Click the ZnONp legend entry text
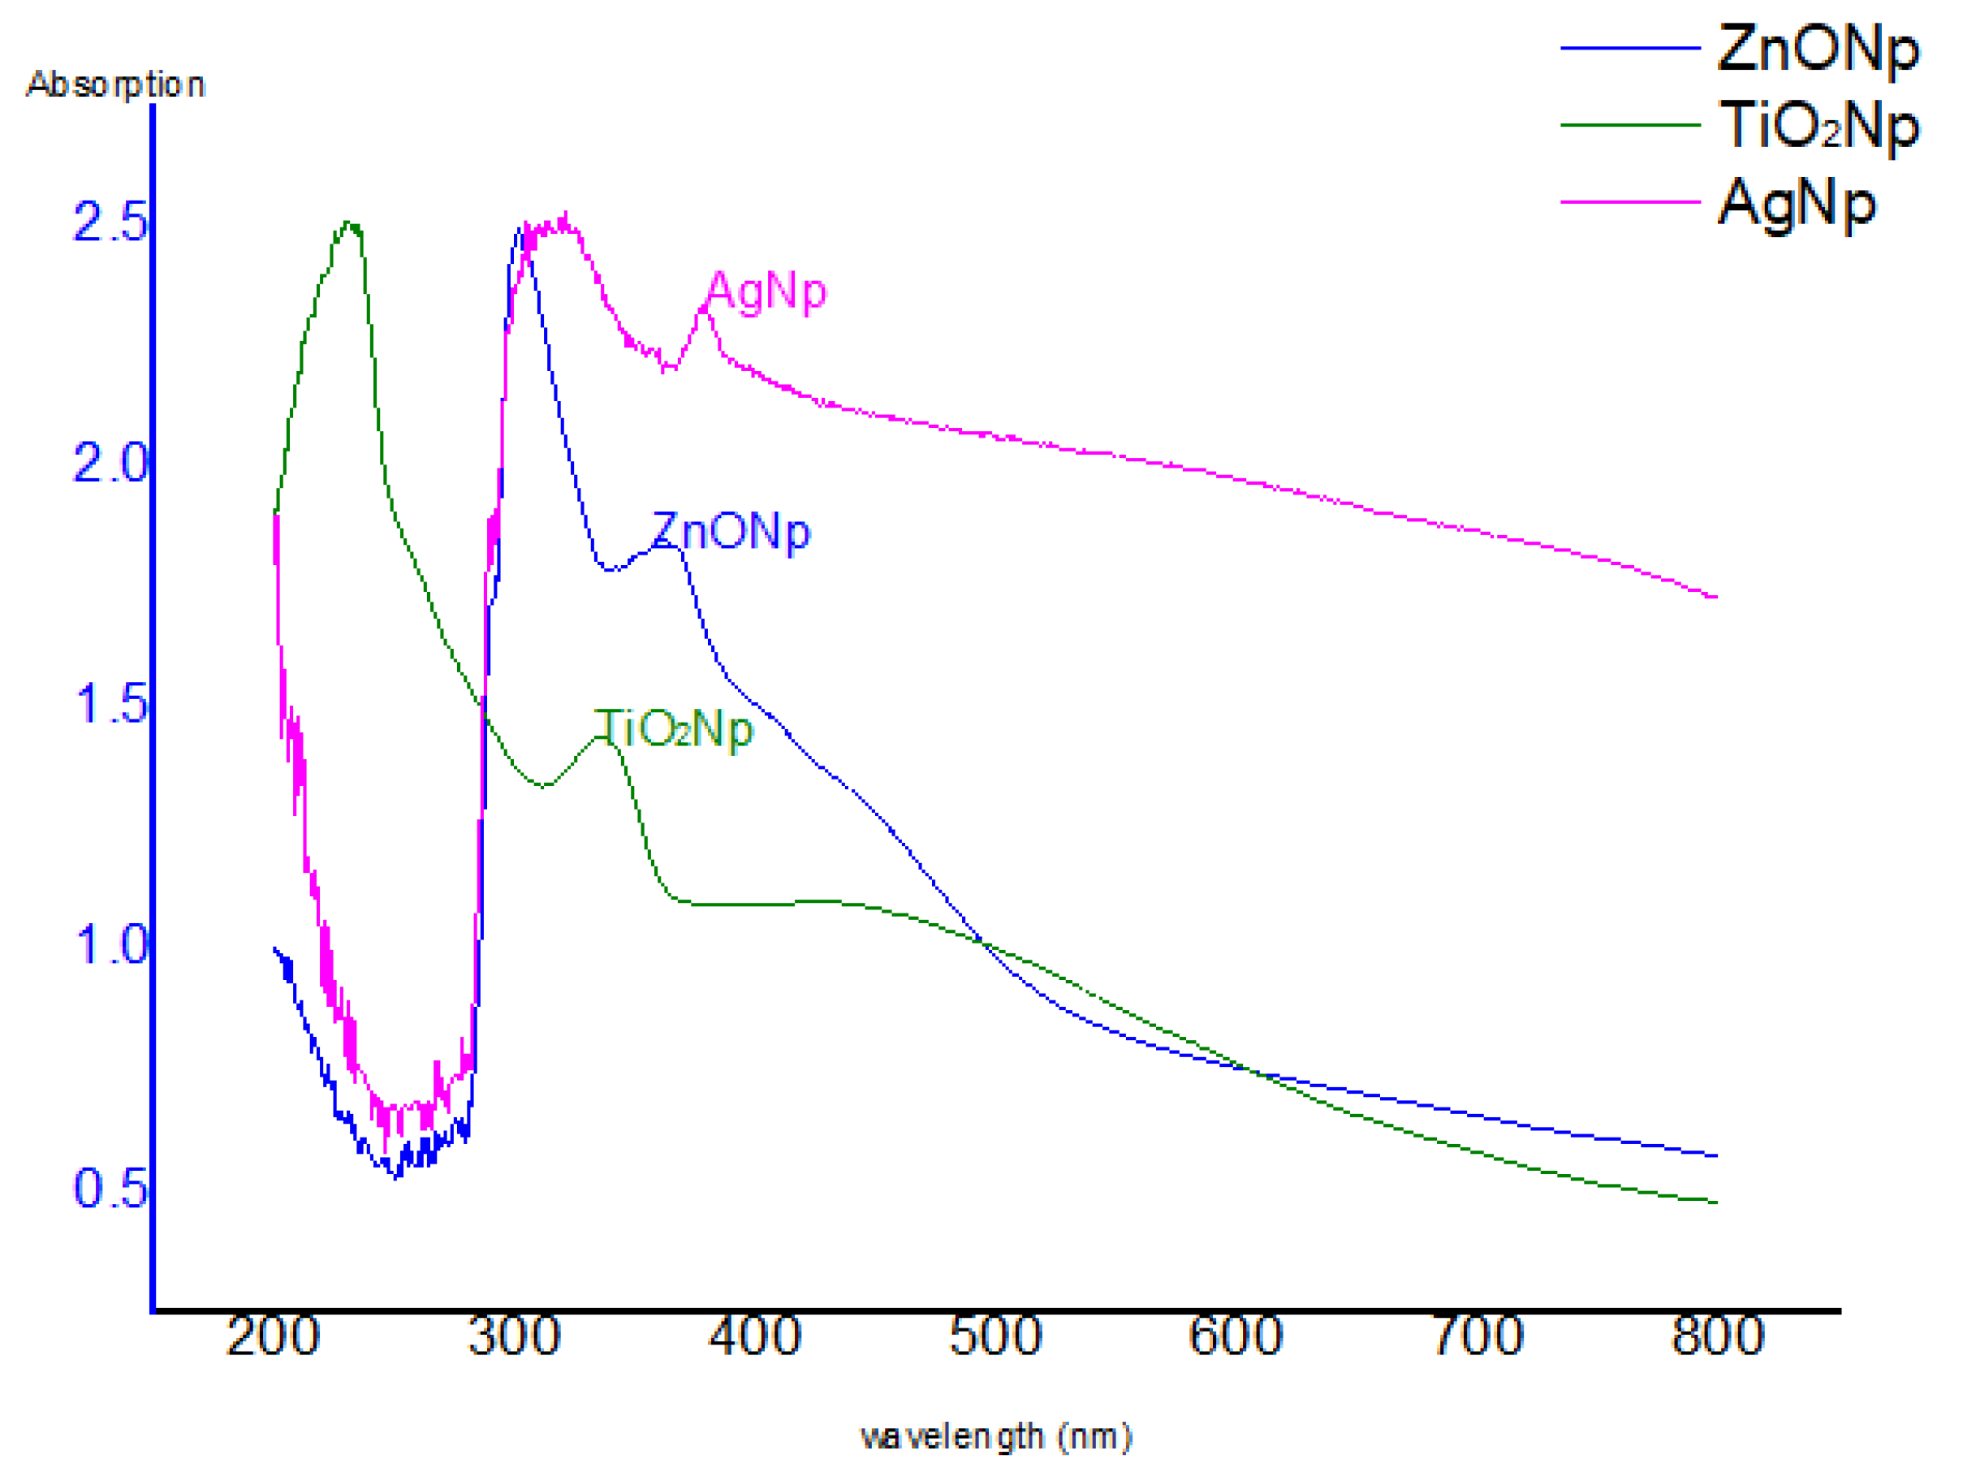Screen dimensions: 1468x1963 click(x=1818, y=49)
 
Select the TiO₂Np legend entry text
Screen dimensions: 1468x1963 click(x=1818, y=126)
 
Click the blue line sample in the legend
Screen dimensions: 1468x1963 click(x=1629, y=48)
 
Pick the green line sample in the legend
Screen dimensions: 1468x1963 click(x=1629, y=125)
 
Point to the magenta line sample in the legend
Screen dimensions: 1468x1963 click(x=1629, y=202)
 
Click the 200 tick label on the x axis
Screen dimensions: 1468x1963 click(x=273, y=1336)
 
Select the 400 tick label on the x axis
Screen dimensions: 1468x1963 click(x=754, y=1336)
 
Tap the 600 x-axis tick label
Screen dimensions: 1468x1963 click(x=1236, y=1336)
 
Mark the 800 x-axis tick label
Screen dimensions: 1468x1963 click(x=1717, y=1336)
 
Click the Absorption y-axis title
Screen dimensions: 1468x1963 click(x=115, y=85)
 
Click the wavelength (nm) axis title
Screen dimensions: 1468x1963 click(x=995, y=1436)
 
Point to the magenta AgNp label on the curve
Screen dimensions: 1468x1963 click(x=766, y=291)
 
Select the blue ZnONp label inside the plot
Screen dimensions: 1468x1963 click(x=731, y=533)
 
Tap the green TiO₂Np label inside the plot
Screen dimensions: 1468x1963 click(x=674, y=730)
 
